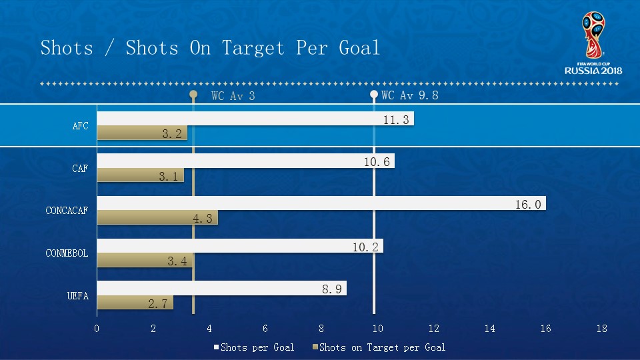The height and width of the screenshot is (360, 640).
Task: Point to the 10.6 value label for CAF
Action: tap(378, 161)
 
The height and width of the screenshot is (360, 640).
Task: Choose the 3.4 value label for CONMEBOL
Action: tap(177, 261)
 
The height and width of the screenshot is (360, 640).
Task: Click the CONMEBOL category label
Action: tap(67, 253)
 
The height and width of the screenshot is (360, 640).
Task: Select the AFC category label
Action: tap(80, 126)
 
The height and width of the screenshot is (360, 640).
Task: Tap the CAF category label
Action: tap(80, 169)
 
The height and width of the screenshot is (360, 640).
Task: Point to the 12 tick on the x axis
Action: tap(434, 328)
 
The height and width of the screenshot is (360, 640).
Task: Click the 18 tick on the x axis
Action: tap(602, 328)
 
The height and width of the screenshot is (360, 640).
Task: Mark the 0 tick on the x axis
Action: tap(97, 328)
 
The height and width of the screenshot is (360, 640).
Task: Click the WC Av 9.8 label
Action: tap(409, 95)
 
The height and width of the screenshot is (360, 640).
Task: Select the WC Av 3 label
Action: tap(233, 95)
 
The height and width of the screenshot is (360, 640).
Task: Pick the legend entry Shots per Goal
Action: tap(257, 347)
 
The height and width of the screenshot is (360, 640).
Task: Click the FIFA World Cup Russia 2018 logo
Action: tap(593, 44)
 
